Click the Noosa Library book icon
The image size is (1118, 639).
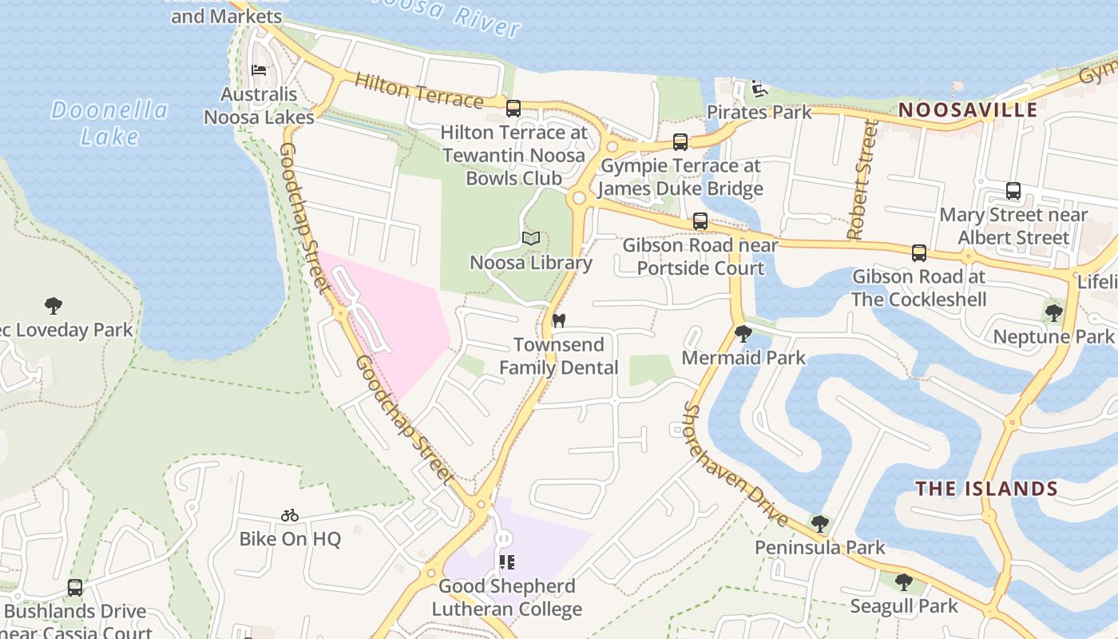coord(531,238)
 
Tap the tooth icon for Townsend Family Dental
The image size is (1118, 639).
coord(559,320)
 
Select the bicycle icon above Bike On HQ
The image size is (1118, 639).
coord(290,515)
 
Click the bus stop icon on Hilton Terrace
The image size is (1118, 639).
coord(513,107)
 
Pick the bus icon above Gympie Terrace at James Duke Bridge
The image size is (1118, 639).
coord(680,141)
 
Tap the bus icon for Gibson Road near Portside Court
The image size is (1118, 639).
coord(700,220)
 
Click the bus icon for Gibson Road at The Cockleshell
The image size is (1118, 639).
coord(919,252)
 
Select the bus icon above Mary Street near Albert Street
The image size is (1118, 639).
coord(1013,191)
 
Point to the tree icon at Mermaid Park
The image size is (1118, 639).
coord(743,333)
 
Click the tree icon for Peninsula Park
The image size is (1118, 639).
coord(820,524)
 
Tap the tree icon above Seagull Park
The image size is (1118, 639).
coord(903,582)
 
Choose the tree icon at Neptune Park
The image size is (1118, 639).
coord(1053,312)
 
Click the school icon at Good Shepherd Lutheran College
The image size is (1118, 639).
coord(507,562)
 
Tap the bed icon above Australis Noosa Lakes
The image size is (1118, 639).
coord(259,70)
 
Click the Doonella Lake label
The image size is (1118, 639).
coord(110,123)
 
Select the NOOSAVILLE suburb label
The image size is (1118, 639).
coord(968,110)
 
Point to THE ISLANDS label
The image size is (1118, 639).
coord(986,489)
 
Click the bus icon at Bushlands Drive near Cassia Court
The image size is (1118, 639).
coord(75,587)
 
